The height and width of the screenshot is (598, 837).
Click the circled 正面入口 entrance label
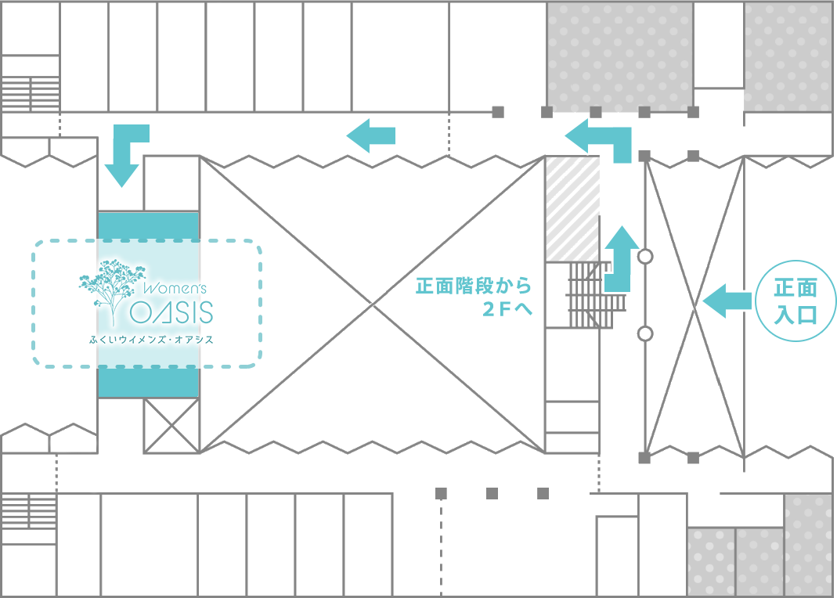796,301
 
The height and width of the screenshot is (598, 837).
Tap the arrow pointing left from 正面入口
727,301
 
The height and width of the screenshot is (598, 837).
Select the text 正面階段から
474,286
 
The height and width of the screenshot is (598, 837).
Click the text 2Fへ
507,309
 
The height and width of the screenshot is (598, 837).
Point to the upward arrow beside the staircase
621,259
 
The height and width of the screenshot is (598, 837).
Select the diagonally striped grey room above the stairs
572,208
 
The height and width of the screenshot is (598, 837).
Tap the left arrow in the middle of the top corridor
371,135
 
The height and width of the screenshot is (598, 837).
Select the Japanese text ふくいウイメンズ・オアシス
152,339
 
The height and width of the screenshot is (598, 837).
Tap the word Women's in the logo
175,288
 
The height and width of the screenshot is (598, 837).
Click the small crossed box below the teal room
171,426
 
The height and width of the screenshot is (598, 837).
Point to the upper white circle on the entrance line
645,257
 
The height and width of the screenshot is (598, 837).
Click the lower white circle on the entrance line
645,334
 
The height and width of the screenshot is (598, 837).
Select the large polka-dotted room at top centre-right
620,57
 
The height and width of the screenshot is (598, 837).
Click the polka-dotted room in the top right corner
788,57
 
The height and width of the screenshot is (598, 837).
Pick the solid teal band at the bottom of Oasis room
149,383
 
